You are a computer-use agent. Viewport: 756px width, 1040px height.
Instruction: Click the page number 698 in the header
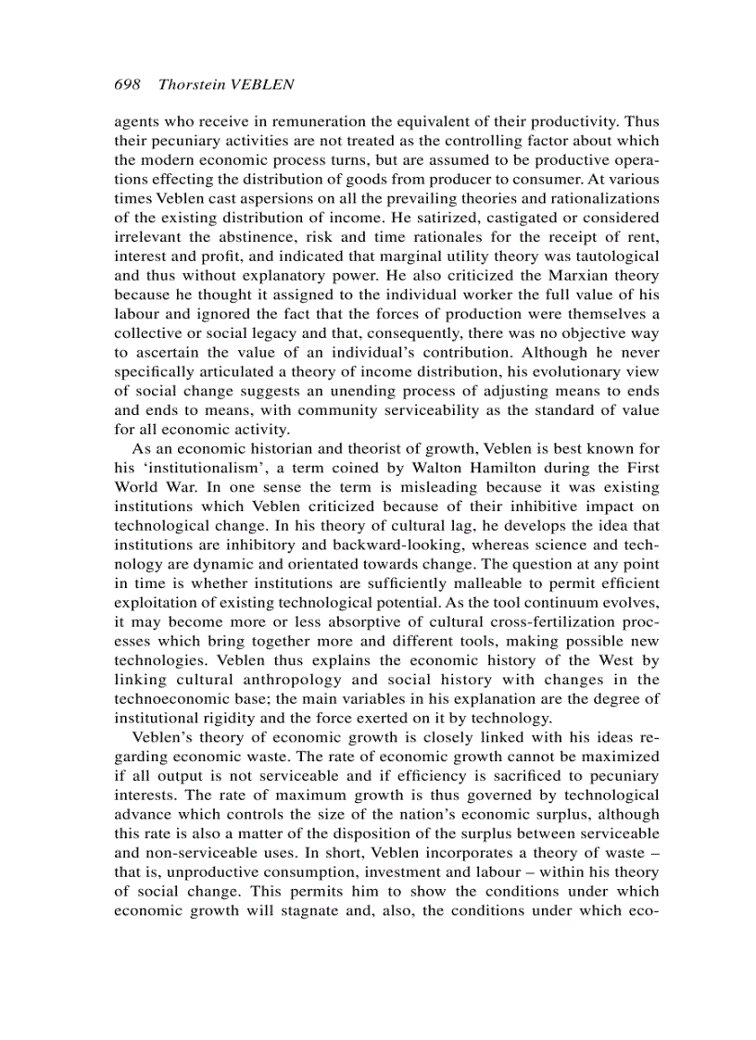coord(126,84)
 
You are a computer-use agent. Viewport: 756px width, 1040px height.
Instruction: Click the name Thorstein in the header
coord(191,84)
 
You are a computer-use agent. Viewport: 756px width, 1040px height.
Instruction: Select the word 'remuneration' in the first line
coord(302,120)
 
